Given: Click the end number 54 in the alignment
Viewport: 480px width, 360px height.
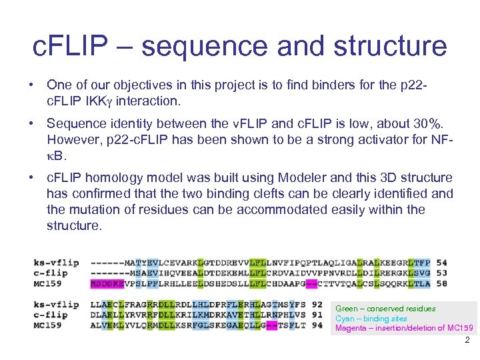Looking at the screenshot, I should [441, 263].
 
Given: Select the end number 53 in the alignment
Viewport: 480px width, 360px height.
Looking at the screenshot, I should [441, 273].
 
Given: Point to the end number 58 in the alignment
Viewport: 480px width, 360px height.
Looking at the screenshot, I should [441, 283].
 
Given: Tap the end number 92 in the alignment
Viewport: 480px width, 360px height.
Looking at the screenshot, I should [317, 305].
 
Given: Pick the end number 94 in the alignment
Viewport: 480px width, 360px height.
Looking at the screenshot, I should [317, 325].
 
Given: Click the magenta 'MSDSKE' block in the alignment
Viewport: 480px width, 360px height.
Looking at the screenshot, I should [106, 283].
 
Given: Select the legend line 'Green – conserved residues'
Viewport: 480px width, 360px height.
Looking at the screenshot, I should [385, 309].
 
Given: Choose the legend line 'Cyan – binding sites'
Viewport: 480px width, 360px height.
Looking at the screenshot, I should [371, 319].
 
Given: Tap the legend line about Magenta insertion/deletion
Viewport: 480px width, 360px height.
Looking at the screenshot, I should [404, 328].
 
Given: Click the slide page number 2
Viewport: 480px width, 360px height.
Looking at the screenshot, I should [467, 340].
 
